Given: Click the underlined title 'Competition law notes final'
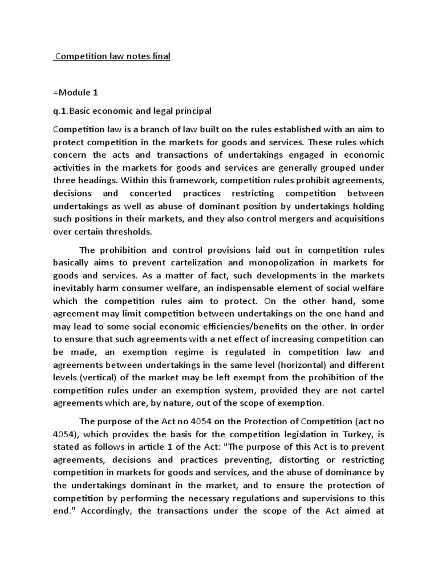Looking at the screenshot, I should pyautogui.click(x=112, y=56).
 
